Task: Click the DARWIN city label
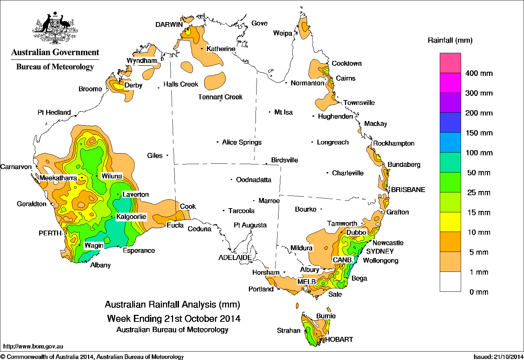tap(169, 24)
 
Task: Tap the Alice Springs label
tap(242, 142)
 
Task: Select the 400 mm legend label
tap(479, 73)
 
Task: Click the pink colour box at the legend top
tap(450, 63)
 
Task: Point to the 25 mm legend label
tap(479, 193)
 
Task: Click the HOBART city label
tap(339, 339)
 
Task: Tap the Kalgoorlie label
tap(131, 217)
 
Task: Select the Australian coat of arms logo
tap(55, 28)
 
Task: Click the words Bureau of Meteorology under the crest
tap(55, 67)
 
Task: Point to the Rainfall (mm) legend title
tap(450, 41)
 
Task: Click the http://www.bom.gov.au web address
tap(33, 346)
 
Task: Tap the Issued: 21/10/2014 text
tap(498, 357)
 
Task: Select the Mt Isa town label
tap(283, 112)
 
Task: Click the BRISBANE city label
tap(408, 190)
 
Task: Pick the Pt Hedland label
tap(54, 113)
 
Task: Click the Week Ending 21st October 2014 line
tap(174, 319)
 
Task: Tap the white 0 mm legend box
tap(450, 282)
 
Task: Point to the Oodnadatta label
tap(253, 180)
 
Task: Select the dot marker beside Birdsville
tap(266, 164)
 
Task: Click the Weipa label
tap(282, 34)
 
